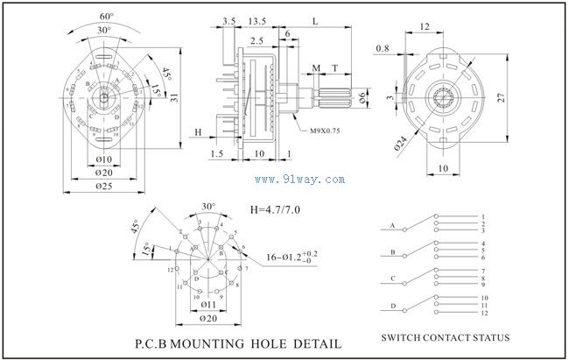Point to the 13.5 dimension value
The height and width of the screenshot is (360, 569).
[258, 19]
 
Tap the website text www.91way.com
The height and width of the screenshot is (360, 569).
[299, 180]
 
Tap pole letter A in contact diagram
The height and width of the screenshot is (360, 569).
[392, 225]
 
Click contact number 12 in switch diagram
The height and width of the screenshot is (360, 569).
[483, 313]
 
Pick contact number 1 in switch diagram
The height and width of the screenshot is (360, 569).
[482, 216]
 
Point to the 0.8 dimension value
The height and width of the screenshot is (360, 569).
[383, 47]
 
